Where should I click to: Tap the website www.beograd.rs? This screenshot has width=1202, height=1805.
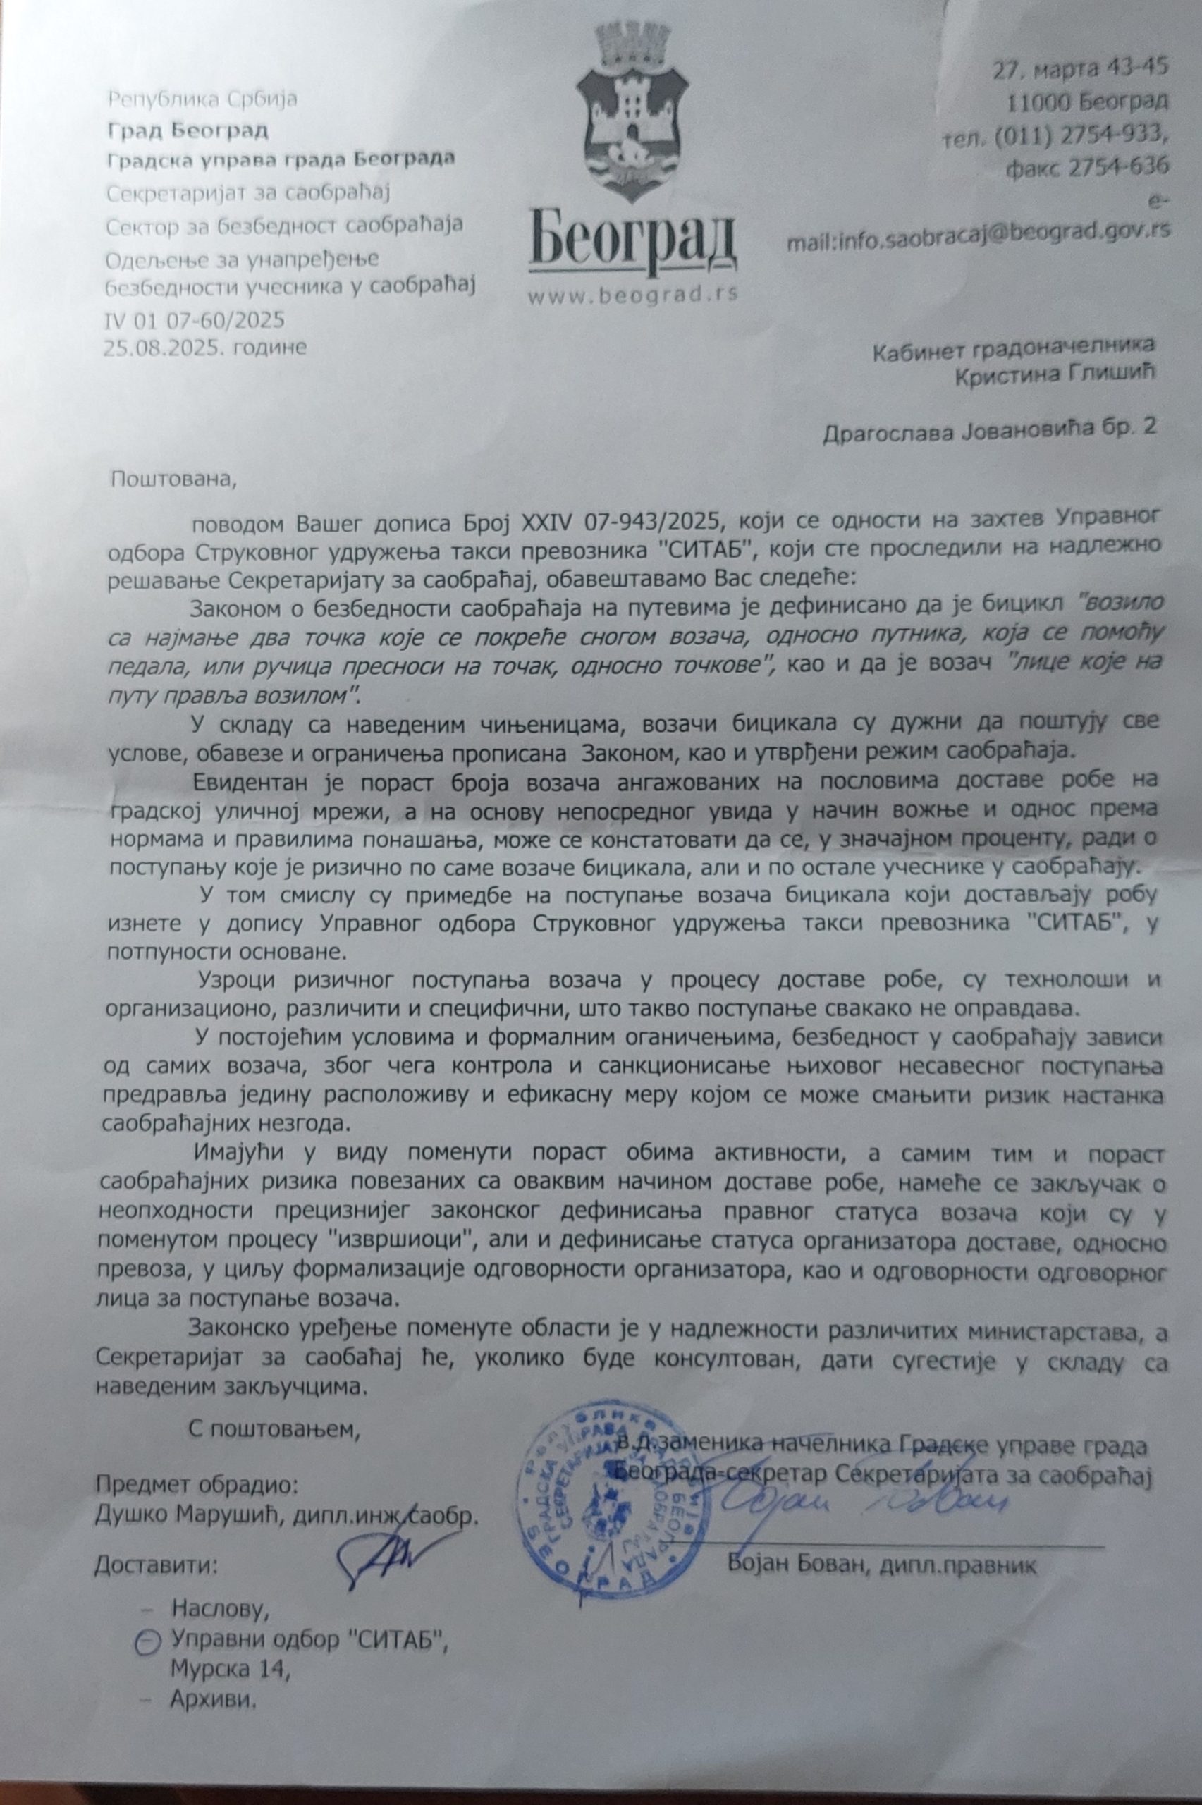pos(632,296)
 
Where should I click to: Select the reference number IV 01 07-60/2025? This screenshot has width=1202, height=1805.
pos(194,319)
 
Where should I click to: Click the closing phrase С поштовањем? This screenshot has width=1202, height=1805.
pos(274,1429)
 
